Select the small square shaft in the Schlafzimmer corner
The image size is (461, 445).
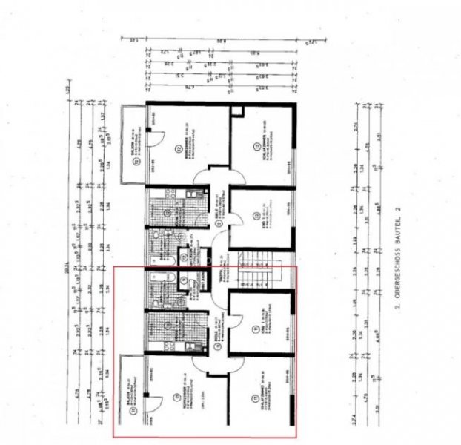237,113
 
